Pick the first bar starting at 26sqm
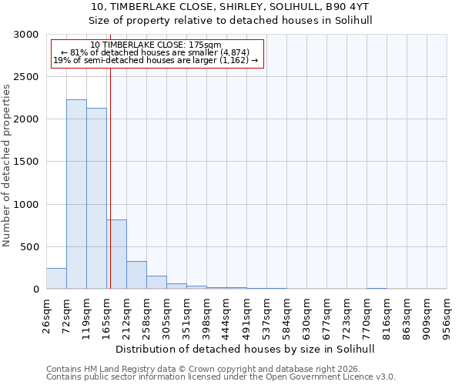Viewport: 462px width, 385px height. (x=56, y=279)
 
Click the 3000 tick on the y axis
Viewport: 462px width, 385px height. (x=27, y=35)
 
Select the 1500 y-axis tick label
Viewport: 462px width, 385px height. (x=27, y=162)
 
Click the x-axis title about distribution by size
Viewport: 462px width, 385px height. (x=246, y=349)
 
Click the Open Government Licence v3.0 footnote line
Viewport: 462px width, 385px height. (x=221, y=377)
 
